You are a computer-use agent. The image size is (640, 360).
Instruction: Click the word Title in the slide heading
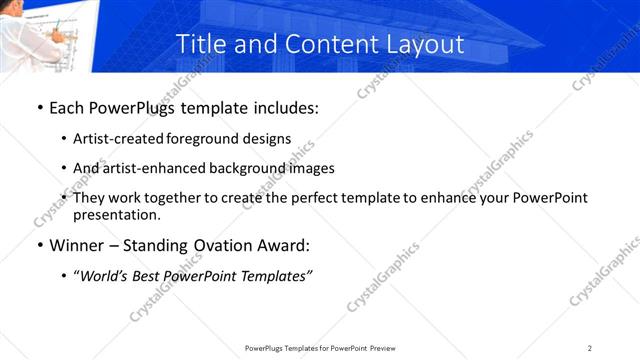coord(199,44)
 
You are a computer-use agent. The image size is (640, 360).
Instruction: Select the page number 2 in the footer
coord(590,348)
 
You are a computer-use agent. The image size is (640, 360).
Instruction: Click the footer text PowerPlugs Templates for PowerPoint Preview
coord(320,348)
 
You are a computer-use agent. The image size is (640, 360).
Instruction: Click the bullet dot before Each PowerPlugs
coord(39,106)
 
